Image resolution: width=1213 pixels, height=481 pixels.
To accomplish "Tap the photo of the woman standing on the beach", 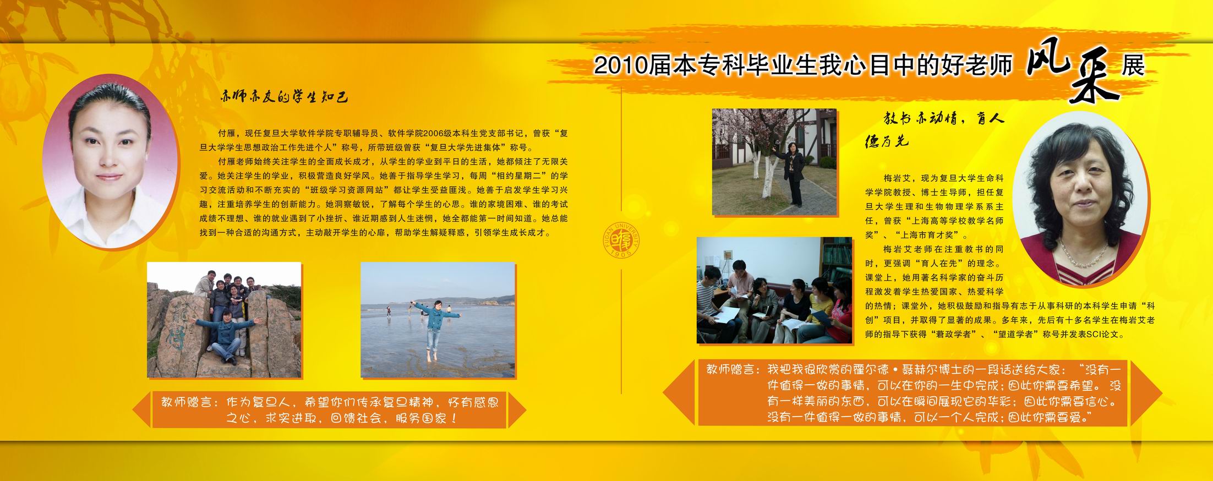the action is pos(438,320).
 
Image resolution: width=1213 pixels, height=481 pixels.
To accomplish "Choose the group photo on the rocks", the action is pos(224,320).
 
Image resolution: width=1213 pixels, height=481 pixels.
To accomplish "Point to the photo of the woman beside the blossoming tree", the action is pos(774,161).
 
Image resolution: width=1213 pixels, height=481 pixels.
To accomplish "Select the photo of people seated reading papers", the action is pos(774,290).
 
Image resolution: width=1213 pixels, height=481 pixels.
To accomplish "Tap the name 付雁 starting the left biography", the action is pos(226,133).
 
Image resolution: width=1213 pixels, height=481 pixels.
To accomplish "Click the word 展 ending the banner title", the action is pos(1133,67).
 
